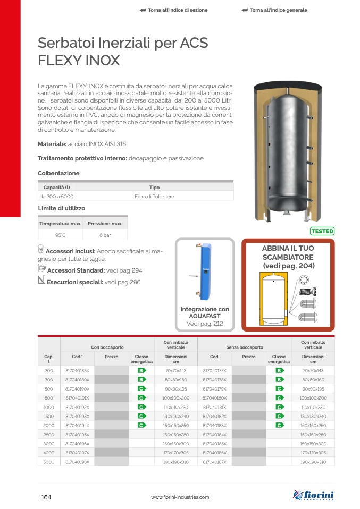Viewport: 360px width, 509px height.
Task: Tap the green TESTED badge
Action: point(322,231)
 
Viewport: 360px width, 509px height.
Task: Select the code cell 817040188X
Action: point(77,370)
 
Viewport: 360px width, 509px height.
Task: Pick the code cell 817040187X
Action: point(214,463)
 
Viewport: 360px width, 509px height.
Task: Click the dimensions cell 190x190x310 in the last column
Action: point(313,463)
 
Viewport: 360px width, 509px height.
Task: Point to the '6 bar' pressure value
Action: point(105,235)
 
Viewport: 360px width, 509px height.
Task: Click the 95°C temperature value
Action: point(60,235)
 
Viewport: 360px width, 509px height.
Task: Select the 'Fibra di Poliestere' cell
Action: point(154,197)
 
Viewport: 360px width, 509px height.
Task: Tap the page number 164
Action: point(46,497)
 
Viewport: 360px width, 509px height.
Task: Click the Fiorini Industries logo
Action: point(314,496)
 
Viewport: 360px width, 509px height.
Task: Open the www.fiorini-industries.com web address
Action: point(180,497)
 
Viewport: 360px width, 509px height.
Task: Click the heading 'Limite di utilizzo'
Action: point(61,208)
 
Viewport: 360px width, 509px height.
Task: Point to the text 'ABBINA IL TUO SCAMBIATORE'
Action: point(288,252)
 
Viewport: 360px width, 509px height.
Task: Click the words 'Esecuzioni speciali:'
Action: point(75,282)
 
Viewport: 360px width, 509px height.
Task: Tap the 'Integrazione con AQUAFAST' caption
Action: point(205,313)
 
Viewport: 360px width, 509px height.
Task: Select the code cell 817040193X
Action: point(77,417)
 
